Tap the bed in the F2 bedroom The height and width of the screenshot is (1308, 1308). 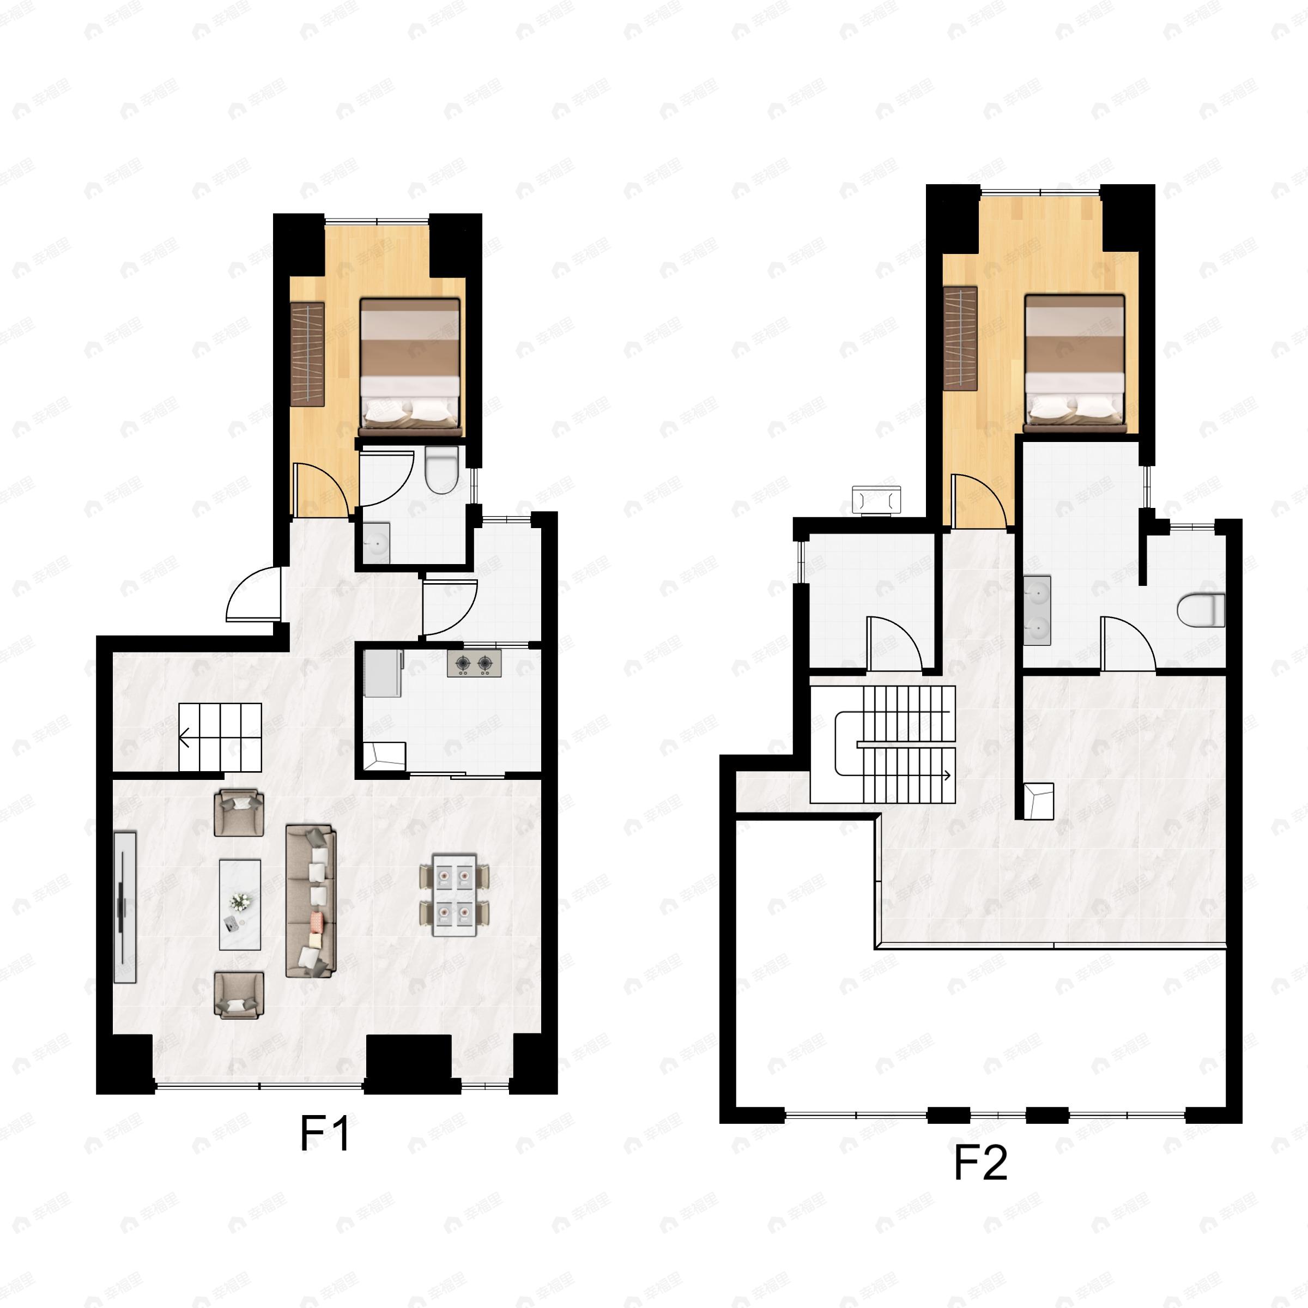click(1074, 363)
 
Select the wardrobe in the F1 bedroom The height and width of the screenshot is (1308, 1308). click(307, 354)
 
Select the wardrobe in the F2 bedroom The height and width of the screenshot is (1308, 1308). click(960, 338)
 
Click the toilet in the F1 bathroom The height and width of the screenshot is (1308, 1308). click(441, 470)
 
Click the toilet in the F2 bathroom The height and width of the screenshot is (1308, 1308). click(1202, 610)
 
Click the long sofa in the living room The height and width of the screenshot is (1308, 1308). click(311, 900)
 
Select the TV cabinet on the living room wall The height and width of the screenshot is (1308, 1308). click(125, 907)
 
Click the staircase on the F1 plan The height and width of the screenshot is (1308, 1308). click(220, 737)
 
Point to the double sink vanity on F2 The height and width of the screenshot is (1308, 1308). click(1037, 610)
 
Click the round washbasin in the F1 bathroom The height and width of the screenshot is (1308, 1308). click(376, 542)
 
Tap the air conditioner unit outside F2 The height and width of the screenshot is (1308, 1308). click(877, 500)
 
